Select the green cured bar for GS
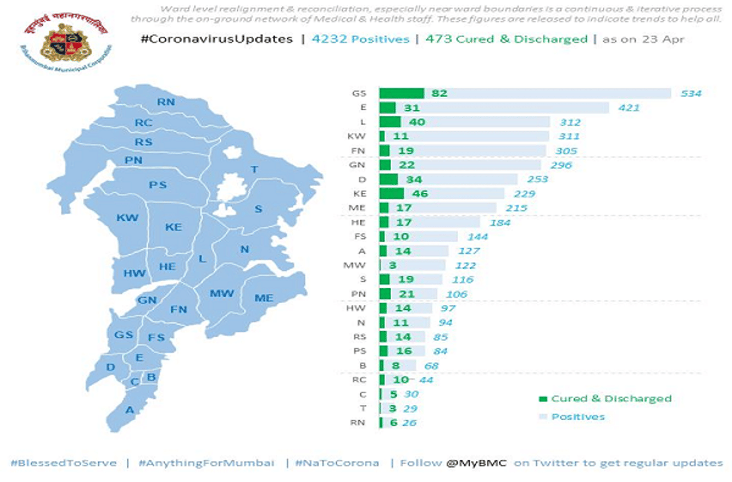coord(401,93)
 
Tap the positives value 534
coord(691,93)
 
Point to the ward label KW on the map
coord(128,218)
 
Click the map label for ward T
coord(254,169)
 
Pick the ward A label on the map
coord(130,409)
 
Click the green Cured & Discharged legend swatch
coord(543,399)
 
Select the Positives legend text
coord(578,417)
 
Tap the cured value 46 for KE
coord(420,194)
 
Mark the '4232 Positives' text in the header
coord(361,39)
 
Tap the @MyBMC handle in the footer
coord(476,463)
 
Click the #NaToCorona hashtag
coord(337,463)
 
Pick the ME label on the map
coord(264,297)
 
